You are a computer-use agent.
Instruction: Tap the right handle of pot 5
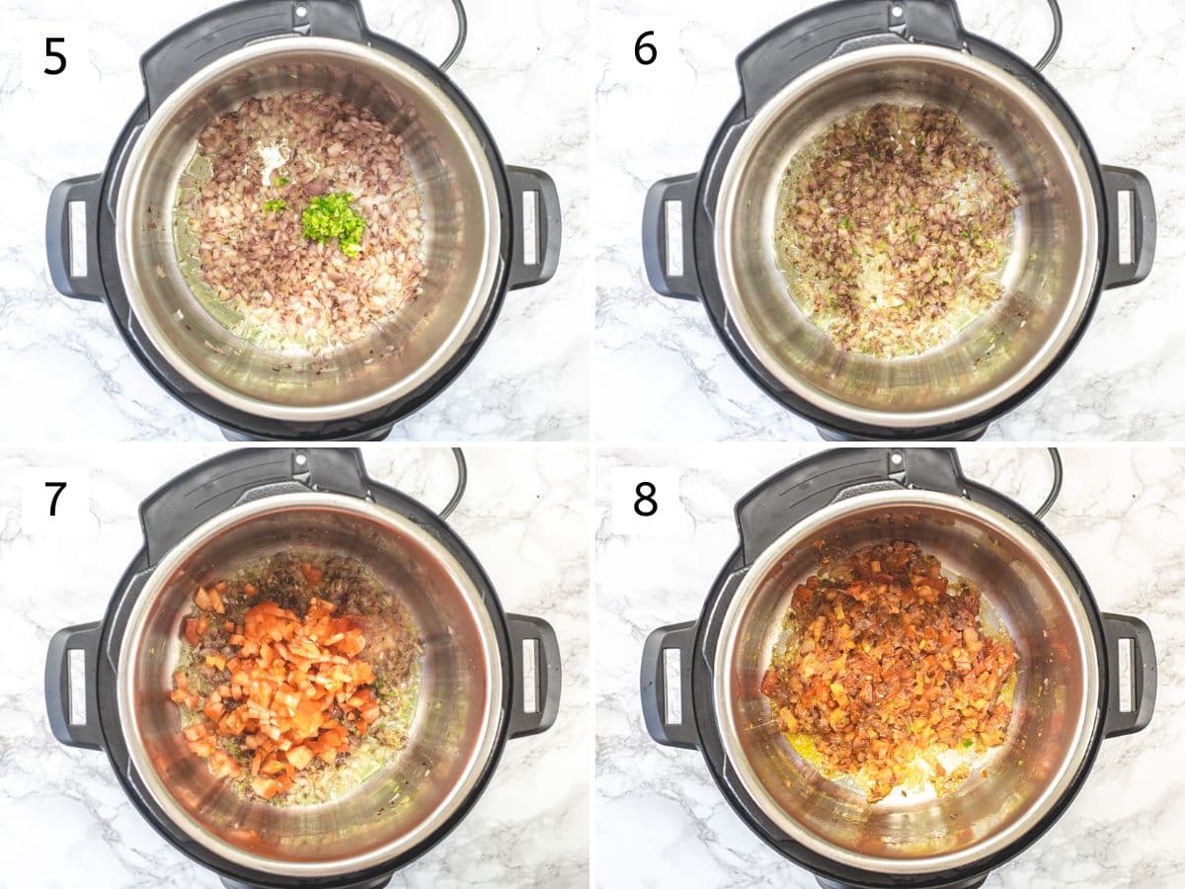pos(532,228)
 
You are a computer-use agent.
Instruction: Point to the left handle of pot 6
pos(669,238)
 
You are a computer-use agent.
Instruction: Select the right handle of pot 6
pos(1127,228)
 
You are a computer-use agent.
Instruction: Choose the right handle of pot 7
pos(532,676)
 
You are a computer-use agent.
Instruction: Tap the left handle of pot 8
pos(669,685)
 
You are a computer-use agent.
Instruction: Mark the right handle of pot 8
pos(1127,676)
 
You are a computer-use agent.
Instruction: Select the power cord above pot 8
pos(1051,477)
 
